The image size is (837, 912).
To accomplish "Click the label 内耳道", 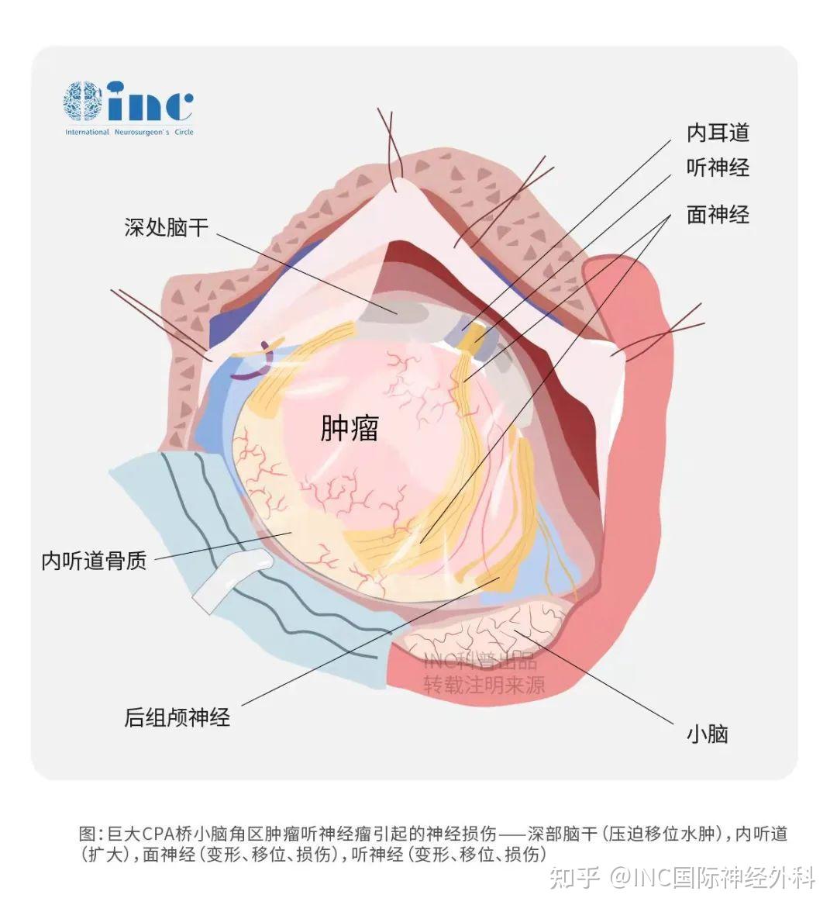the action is click(718, 133).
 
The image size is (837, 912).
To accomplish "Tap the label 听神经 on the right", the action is click(718, 168).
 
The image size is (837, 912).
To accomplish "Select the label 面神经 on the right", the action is click(718, 215).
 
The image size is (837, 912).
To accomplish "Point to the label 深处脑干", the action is click(166, 227).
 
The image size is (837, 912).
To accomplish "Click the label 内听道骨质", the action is click(94, 561).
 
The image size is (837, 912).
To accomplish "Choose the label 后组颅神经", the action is click(177, 717).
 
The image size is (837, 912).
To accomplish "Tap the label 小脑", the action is click(708, 734).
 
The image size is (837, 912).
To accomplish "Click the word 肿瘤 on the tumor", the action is click(350, 428).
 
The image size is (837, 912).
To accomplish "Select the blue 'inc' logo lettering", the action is click(150, 101).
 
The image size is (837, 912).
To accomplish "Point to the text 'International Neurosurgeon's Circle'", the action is click(129, 132).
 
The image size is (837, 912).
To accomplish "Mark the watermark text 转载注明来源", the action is click(484, 686).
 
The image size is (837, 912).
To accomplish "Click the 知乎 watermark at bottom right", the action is click(575, 877).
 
